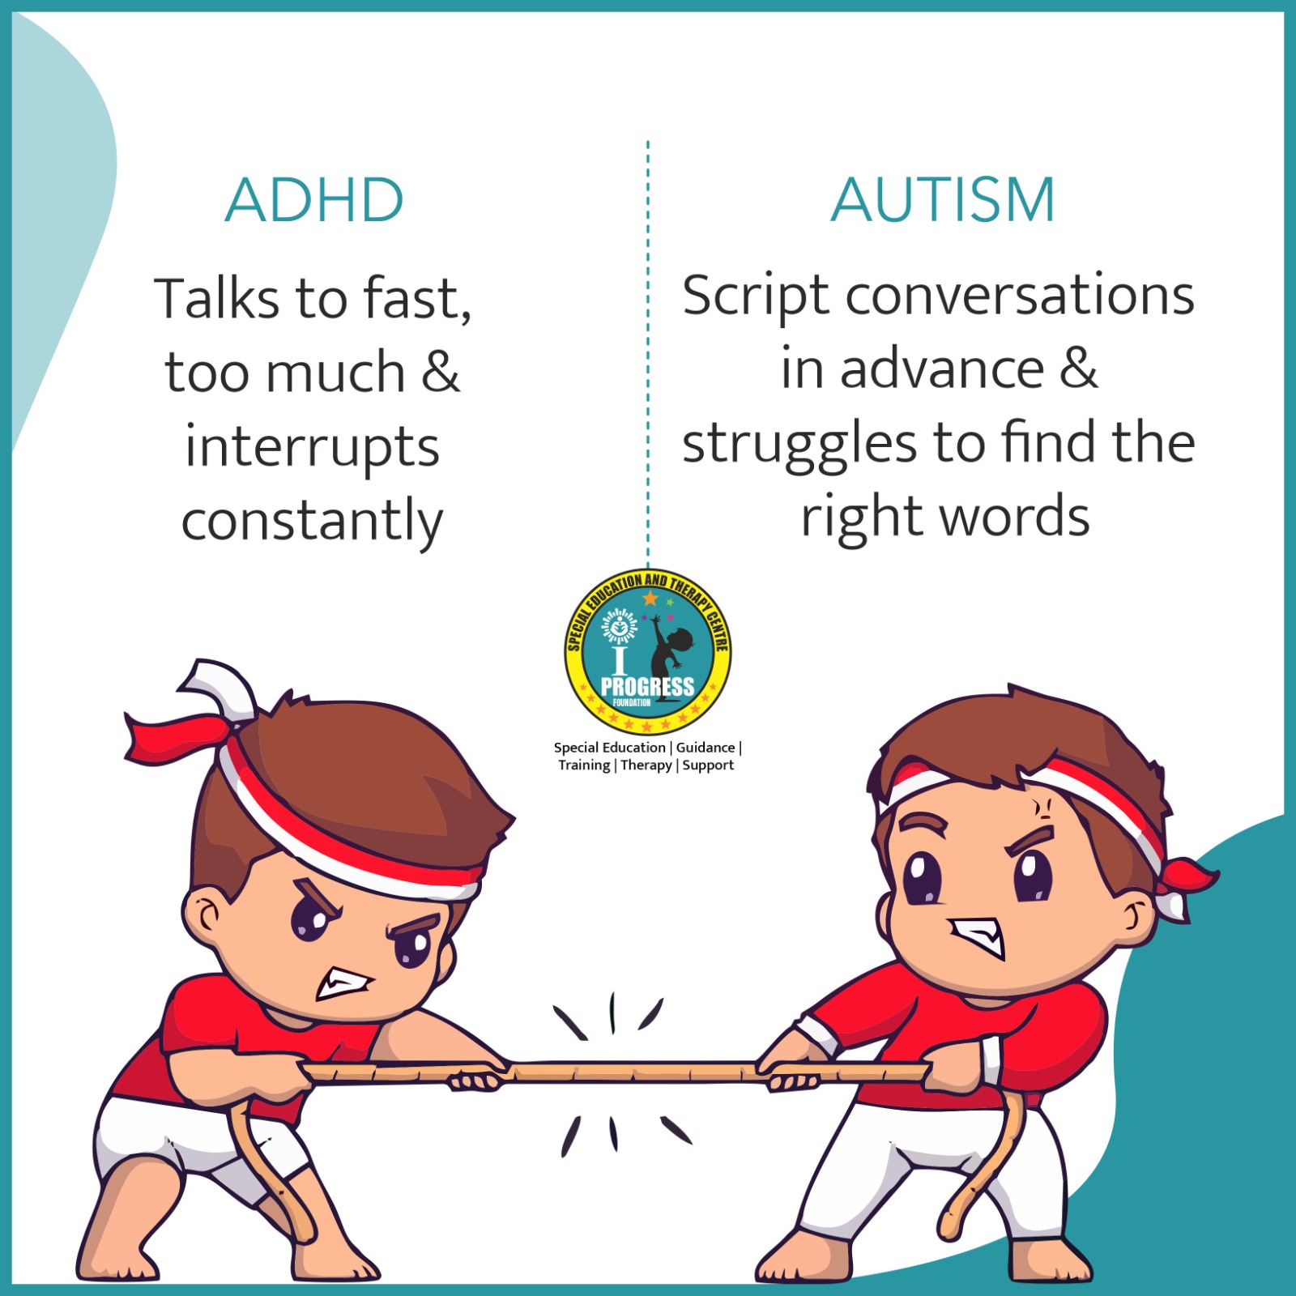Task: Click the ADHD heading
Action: click(314, 200)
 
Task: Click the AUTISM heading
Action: click(944, 200)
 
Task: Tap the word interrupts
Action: click(313, 447)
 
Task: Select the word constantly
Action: click(313, 521)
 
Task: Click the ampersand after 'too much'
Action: click(440, 372)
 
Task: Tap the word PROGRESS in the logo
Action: click(647, 687)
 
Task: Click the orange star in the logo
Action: click(650, 599)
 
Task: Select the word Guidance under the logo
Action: click(706, 748)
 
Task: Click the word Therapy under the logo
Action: click(646, 765)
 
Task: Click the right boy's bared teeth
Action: click(978, 937)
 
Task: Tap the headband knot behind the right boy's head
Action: click(1184, 887)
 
